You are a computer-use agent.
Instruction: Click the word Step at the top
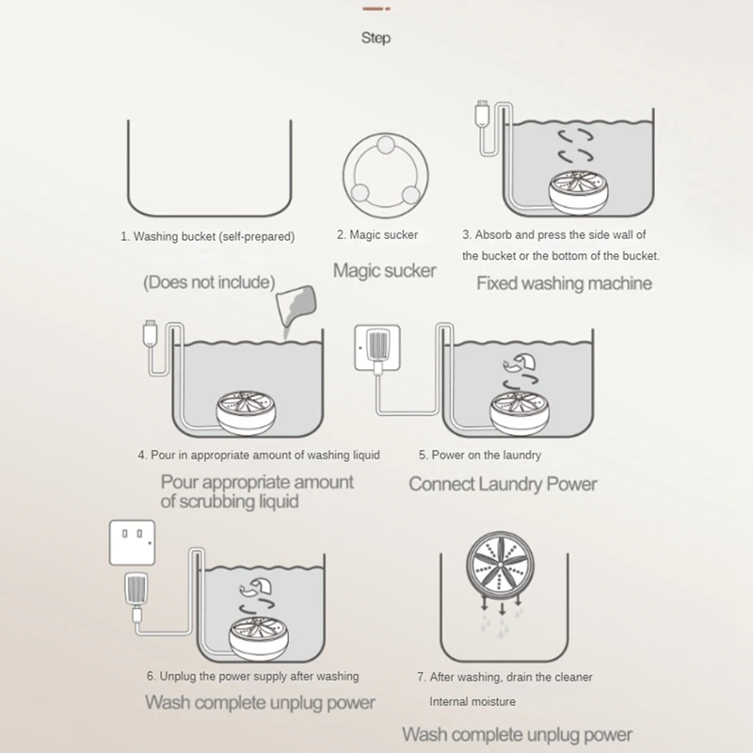tap(376, 39)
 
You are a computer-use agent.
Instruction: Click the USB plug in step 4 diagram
tap(148, 331)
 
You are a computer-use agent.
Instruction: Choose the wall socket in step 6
tap(133, 539)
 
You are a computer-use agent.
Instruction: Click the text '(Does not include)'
tap(209, 281)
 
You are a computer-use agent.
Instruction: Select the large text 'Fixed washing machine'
tap(564, 282)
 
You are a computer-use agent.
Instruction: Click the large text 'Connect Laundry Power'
tap(503, 484)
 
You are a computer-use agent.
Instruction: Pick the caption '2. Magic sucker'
tap(376, 235)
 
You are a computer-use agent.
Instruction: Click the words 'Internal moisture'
tap(473, 701)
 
